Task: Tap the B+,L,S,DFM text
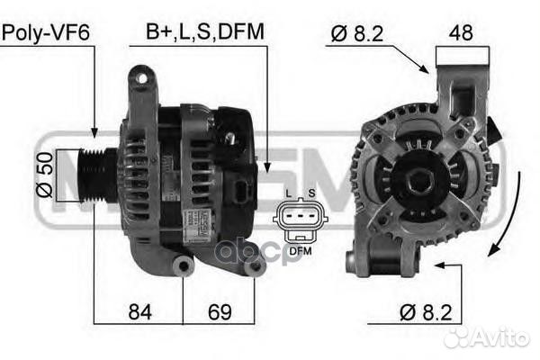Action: (x=205, y=33)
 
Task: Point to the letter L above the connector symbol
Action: (x=287, y=193)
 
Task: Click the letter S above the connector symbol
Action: (x=310, y=193)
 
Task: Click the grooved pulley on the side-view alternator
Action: (x=96, y=172)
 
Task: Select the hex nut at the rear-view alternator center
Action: (x=418, y=181)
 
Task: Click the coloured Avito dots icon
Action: (x=460, y=337)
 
